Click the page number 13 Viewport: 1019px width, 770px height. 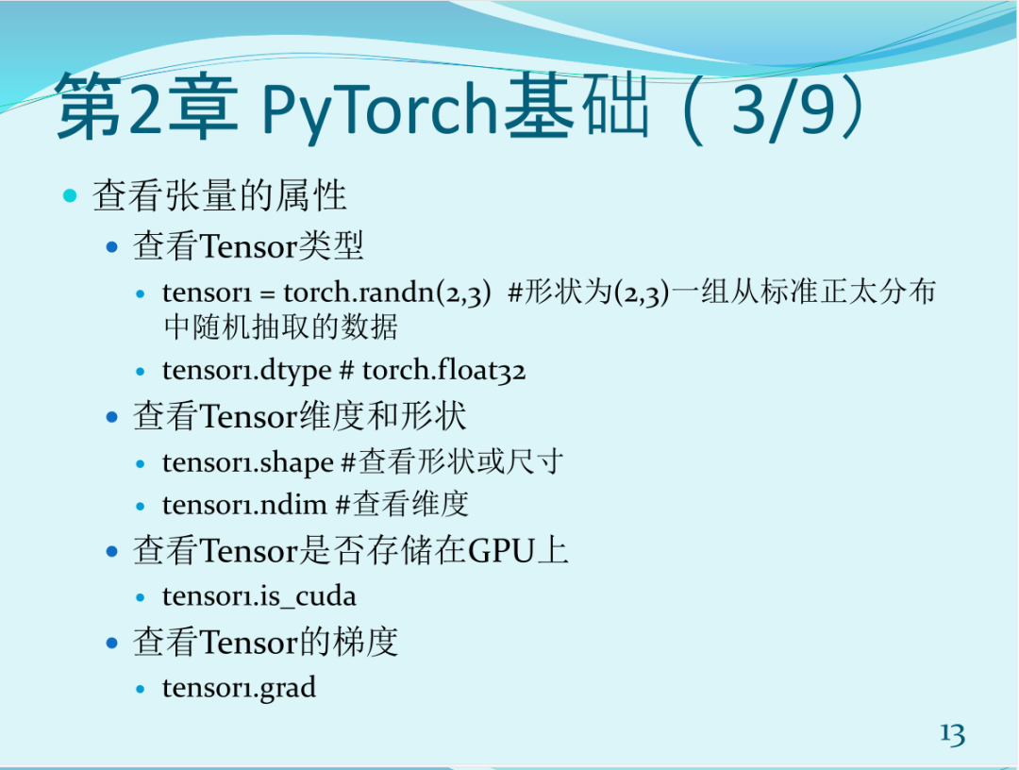point(951,733)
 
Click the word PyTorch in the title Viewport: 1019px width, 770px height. point(378,110)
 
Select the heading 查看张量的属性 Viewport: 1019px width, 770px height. point(220,196)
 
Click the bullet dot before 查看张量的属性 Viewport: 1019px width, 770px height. point(70,196)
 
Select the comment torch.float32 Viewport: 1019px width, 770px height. point(443,371)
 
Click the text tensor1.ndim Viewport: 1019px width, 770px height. point(245,505)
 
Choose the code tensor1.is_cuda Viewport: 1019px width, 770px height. point(259,596)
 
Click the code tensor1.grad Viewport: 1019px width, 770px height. point(239,688)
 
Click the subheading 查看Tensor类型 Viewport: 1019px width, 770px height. point(248,247)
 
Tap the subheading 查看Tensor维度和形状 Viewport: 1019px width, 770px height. point(300,416)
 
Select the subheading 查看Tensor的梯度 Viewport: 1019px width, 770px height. point(266,643)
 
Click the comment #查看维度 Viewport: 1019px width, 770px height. point(403,505)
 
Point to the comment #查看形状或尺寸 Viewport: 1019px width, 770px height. point(452,462)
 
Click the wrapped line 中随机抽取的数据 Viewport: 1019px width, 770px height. point(280,327)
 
